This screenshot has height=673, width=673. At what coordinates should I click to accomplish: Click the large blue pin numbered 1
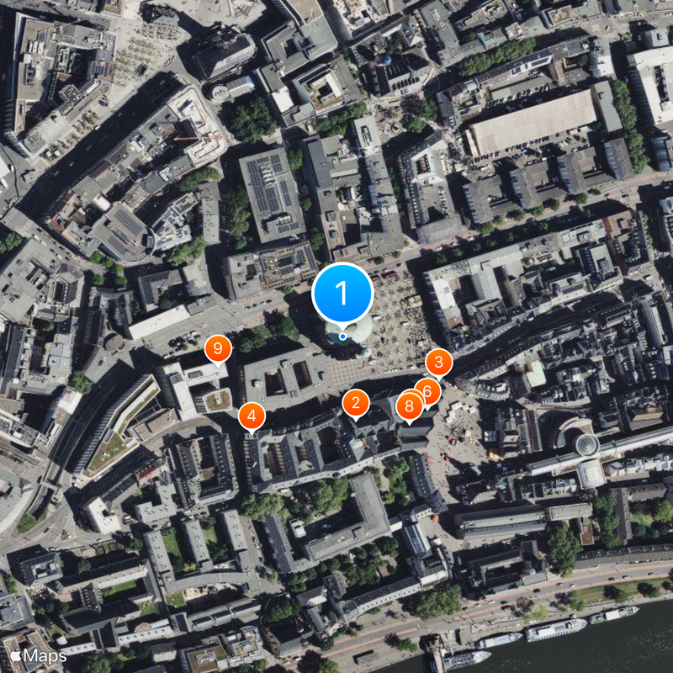click(342, 293)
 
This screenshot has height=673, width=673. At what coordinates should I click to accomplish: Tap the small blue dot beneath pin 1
click(342, 336)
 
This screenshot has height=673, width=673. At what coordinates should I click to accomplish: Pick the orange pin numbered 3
click(438, 363)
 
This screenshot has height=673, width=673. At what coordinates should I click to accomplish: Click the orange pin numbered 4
click(252, 416)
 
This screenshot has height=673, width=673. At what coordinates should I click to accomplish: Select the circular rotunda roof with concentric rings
click(586, 444)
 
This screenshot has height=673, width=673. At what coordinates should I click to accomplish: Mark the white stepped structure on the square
click(463, 412)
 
